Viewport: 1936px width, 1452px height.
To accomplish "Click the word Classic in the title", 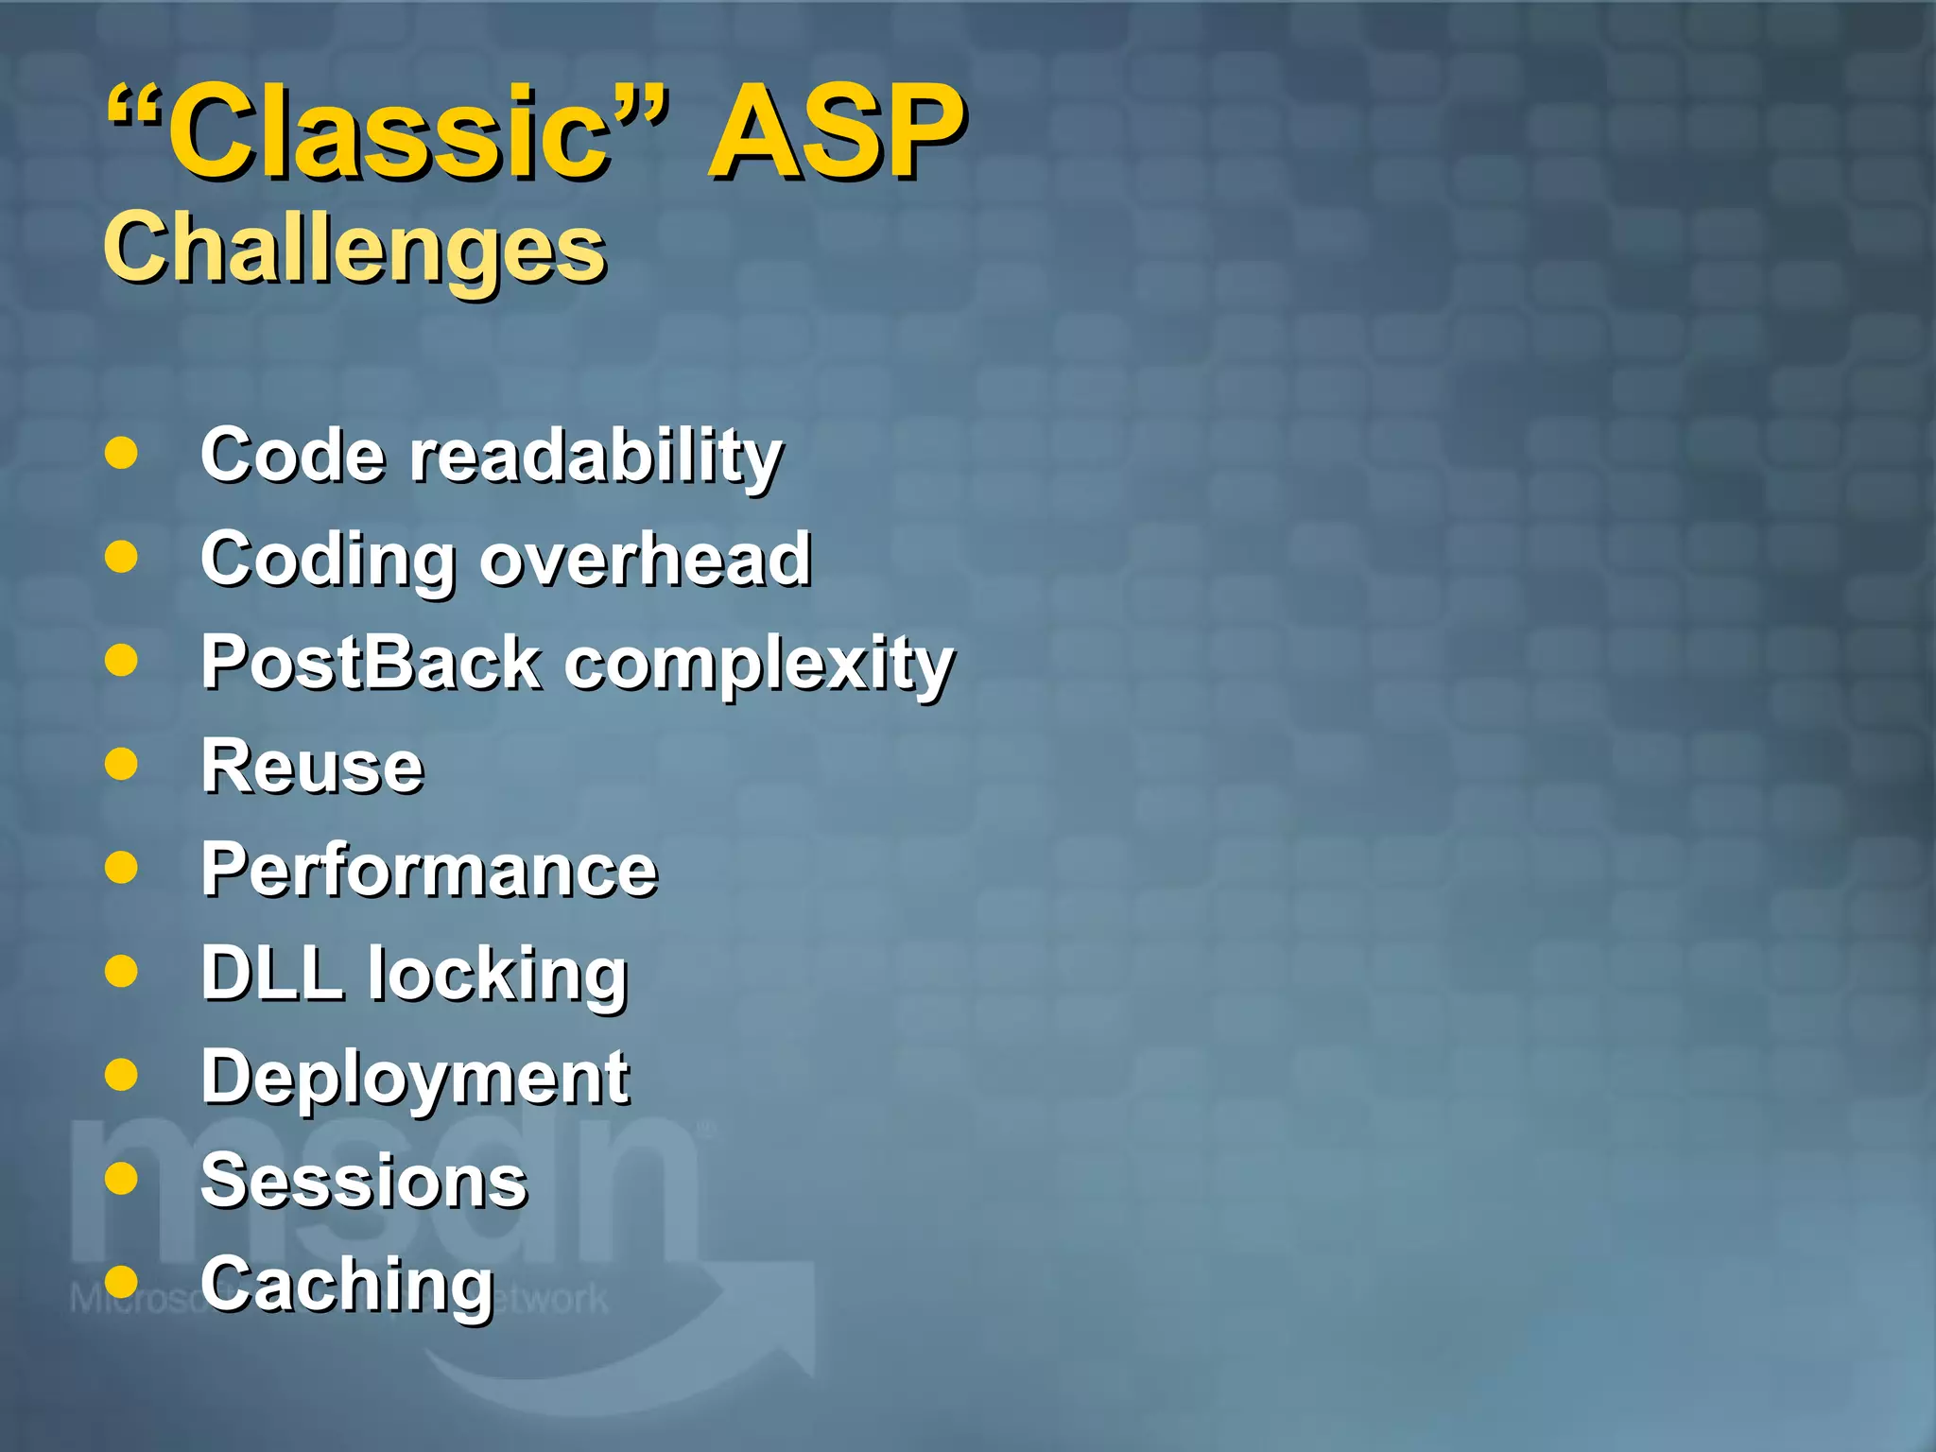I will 388,132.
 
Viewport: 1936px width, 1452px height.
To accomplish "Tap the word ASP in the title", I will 836,132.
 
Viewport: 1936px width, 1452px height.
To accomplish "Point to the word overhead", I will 646,560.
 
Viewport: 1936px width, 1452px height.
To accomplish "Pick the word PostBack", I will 372,664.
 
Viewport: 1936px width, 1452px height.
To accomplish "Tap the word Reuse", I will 312,767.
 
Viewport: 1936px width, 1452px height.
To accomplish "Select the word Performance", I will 428,871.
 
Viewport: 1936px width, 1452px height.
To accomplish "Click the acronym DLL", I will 271,974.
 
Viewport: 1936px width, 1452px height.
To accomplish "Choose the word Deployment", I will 415,1080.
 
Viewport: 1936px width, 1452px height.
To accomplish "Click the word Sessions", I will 364,1182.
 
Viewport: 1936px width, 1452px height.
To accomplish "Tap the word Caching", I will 347,1287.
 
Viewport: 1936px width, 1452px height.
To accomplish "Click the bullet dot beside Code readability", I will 121,453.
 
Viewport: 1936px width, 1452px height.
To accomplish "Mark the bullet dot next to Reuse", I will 121,764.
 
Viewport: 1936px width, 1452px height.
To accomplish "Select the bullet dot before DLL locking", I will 121,971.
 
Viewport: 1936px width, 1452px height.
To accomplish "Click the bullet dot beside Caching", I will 121,1282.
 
